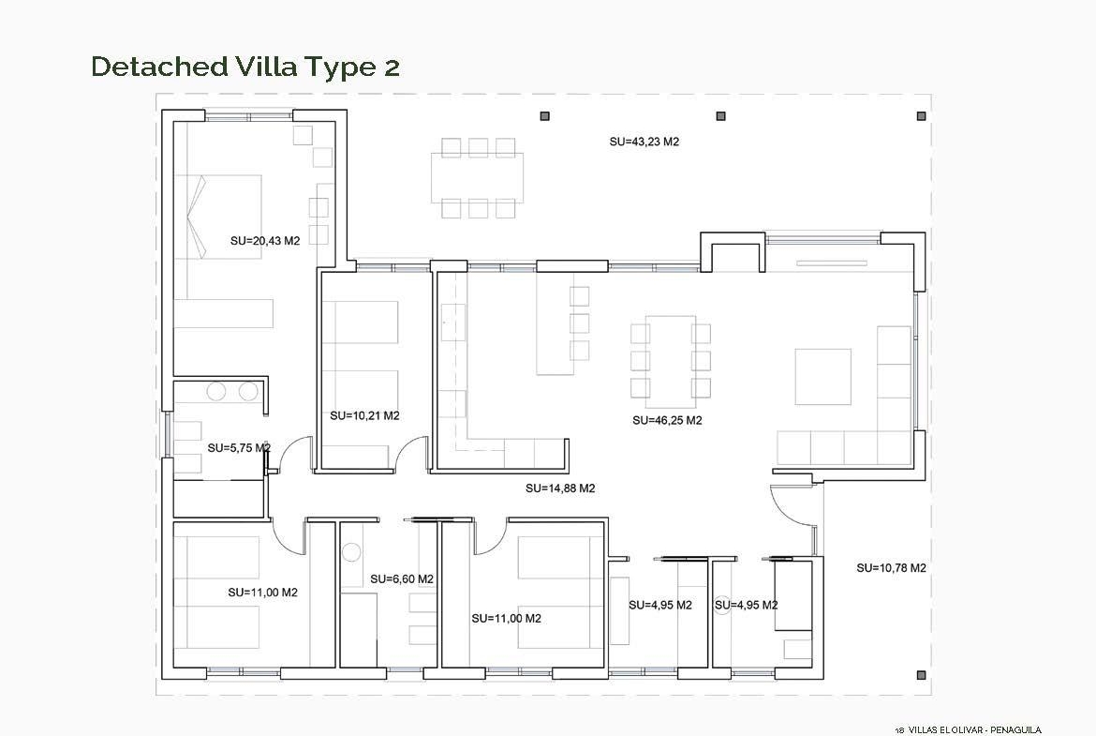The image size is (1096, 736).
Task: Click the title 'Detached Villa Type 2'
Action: tap(245, 67)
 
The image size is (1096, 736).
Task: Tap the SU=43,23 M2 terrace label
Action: tap(644, 142)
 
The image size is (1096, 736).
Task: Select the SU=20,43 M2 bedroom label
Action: tap(265, 241)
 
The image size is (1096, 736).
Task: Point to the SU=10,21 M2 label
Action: tap(365, 415)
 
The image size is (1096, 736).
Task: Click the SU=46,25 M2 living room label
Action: tap(667, 420)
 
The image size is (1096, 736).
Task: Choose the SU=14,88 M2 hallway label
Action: tap(560, 488)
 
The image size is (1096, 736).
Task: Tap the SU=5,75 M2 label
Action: tap(239, 448)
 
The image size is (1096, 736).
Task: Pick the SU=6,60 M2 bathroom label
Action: tap(402, 579)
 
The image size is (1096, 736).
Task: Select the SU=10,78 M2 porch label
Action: tap(891, 568)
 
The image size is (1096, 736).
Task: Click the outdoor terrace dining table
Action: tap(478, 178)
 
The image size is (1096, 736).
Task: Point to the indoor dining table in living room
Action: tap(671, 362)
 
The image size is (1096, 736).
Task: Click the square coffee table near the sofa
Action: tap(822, 377)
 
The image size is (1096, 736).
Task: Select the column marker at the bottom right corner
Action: tap(921, 675)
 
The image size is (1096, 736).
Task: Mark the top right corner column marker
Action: tap(921, 116)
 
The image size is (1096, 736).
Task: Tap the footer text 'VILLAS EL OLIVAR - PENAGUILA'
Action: tap(968, 729)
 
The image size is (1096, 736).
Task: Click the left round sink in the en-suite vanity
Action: tap(216, 392)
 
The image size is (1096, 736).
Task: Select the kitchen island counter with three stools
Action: tap(555, 323)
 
